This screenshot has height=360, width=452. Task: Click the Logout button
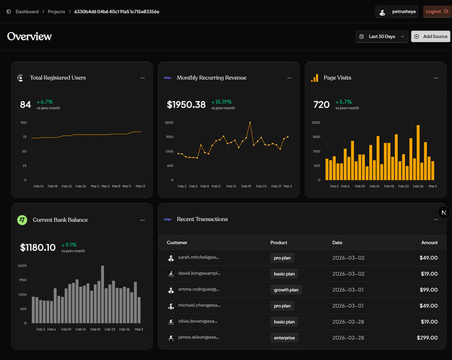point(437,11)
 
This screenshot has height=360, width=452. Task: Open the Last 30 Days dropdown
point(382,37)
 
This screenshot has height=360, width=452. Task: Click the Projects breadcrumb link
point(56,11)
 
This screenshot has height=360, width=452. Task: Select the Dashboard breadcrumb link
point(27,11)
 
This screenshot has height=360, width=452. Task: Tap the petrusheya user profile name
point(404,11)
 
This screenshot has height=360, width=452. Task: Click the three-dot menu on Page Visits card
point(436,78)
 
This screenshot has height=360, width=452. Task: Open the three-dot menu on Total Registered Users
point(142,78)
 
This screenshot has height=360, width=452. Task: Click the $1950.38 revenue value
point(186,104)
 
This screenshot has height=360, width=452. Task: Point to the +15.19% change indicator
point(222,102)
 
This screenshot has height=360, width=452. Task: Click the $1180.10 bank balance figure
point(38,247)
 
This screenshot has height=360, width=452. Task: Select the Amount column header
point(429,243)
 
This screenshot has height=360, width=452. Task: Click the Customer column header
point(177,243)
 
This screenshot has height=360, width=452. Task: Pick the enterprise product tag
point(284,338)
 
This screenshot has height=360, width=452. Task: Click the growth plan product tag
point(287,290)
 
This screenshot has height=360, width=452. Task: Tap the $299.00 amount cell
point(427,338)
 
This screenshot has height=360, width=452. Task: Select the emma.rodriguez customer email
point(198,290)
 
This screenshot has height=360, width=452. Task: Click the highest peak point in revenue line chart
point(250,123)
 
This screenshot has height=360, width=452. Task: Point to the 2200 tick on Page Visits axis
point(316,122)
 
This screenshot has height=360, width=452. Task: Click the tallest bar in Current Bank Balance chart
point(103,294)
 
